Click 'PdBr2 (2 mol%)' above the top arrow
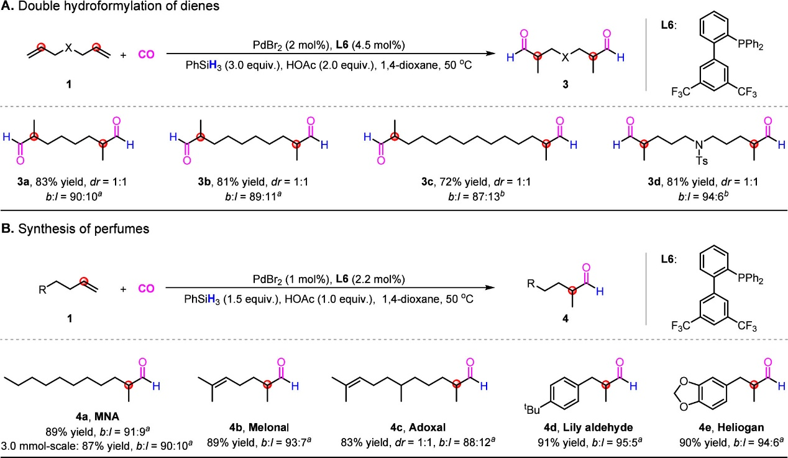pos(278,42)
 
